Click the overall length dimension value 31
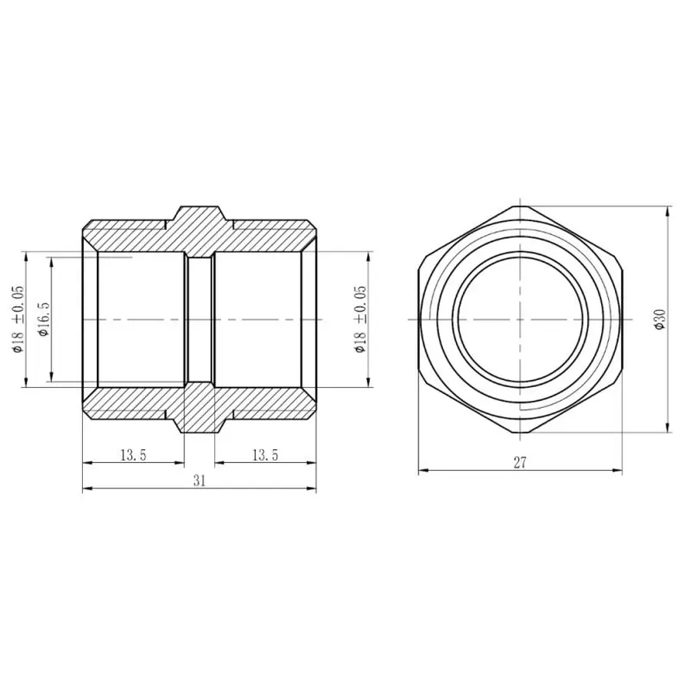[199, 481]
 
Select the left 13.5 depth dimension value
[133, 455]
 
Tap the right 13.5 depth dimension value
[265, 455]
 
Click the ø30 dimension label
[660, 319]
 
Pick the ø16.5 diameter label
[44, 319]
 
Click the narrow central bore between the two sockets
[200, 319]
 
